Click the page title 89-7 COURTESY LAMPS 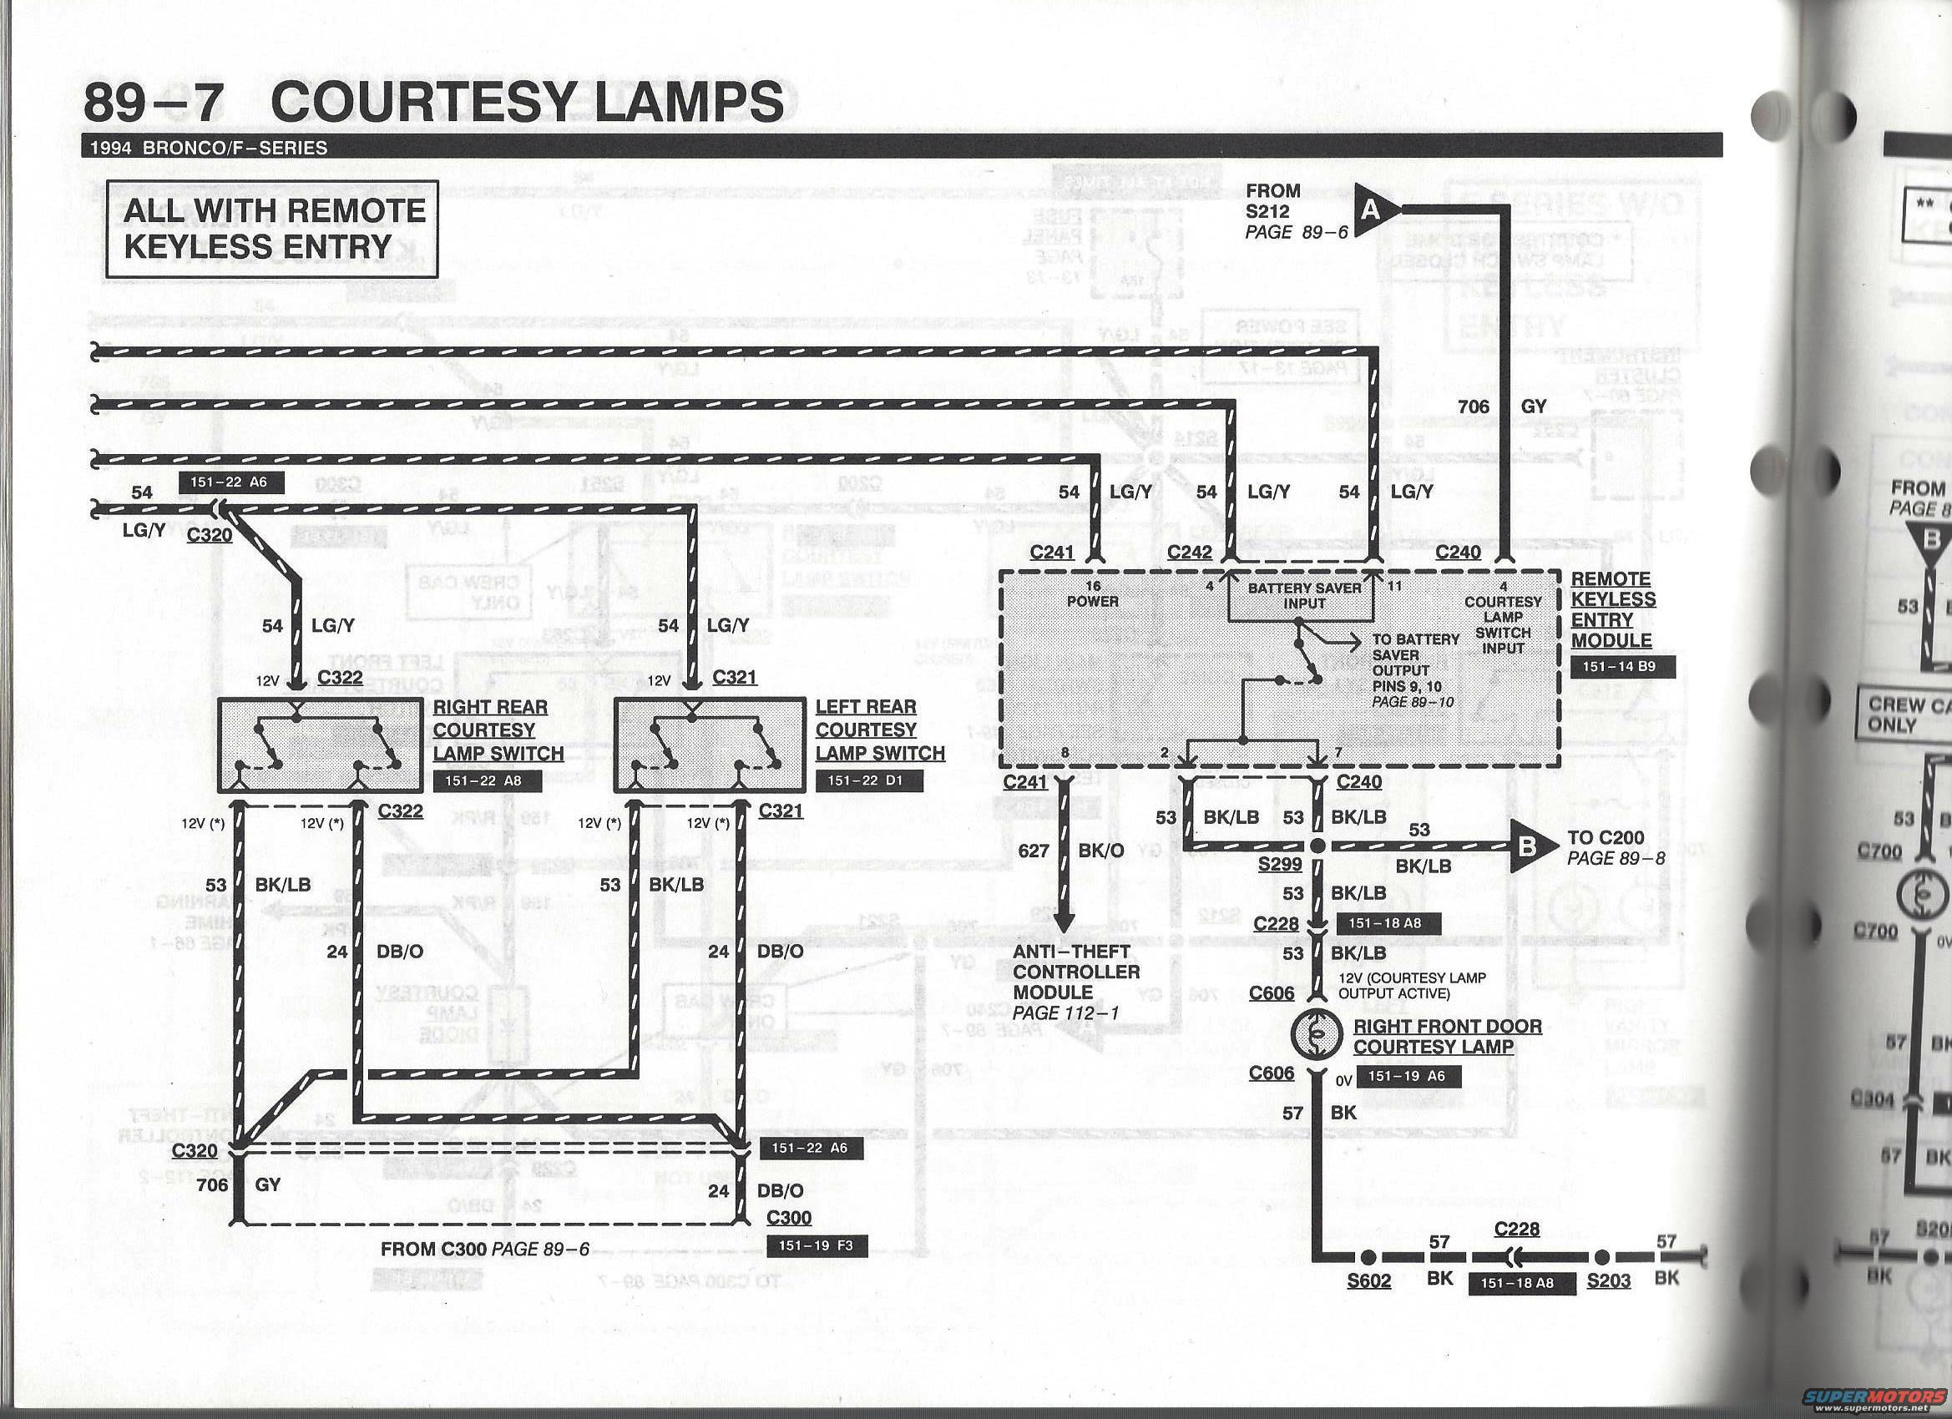pos(433,102)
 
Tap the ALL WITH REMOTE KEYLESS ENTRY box pos(272,229)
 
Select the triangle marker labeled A pos(1370,210)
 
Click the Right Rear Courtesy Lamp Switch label pos(498,730)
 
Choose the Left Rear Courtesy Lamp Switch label pos(880,730)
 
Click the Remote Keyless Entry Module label pos(1612,609)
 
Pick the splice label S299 pos(1279,863)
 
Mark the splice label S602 pos(1368,1280)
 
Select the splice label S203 pos(1608,1280)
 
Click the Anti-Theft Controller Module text pos(1075,982)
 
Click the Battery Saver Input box pos(1304,595)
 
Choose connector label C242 pos(1190,553)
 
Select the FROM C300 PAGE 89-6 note pos(485,1249)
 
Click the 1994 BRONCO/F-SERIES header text pos(208,147)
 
